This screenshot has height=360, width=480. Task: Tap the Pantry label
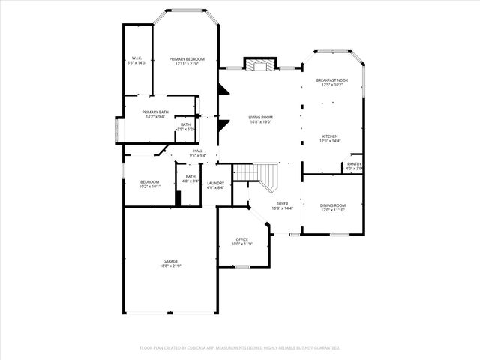(x=354, y=165)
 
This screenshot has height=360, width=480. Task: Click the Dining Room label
(x=333, y=207)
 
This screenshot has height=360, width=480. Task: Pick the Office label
(x=241, y=241)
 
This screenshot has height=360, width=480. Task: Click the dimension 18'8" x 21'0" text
(x=171, y=265)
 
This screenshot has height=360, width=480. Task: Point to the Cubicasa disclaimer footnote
(x=240, y=347)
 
